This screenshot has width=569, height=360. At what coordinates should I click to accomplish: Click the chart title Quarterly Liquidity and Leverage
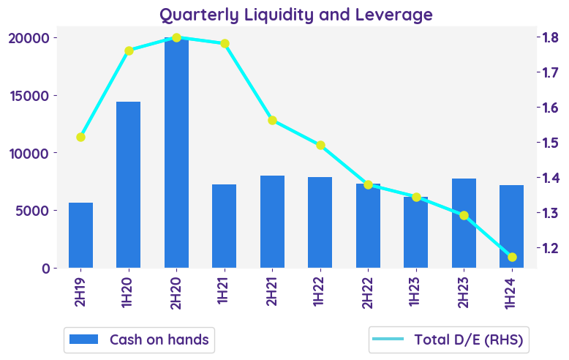tap(296, 15)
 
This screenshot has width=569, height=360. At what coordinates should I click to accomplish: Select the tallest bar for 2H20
tap(176, 154)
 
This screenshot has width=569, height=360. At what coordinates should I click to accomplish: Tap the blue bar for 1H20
tap(128, 185)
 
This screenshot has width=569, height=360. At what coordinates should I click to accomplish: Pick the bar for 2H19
tap(80, 236)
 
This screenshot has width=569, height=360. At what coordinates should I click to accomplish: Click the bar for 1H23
tap(416, 233)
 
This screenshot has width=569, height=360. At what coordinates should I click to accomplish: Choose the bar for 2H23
tap(464, 223)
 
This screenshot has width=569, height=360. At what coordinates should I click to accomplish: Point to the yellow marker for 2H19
tap(80, 137)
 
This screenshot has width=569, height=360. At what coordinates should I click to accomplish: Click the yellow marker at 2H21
tap(272, 120)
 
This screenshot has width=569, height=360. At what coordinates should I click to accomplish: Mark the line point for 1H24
tap(512, 257)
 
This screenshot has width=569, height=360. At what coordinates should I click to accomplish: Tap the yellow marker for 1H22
tap(320, 145)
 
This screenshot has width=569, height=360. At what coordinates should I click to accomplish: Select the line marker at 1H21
tap(225, 43)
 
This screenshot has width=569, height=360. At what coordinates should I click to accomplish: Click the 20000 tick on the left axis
tap(35, 38)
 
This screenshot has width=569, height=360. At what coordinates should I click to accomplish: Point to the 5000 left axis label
tap(39, 211)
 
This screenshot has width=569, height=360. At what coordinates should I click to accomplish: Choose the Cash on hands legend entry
tap(139, 340)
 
